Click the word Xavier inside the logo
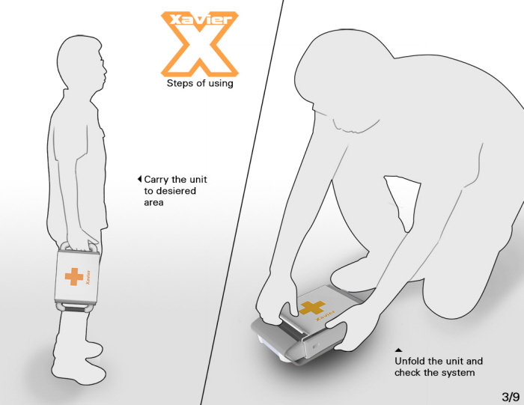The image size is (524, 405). (201, 19)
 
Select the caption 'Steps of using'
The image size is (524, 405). (200, 83)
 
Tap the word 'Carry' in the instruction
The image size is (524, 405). (156, 180)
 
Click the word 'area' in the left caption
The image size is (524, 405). (153, 202)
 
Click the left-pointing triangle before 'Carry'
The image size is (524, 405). (140, 179)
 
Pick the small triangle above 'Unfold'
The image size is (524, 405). (398, 350)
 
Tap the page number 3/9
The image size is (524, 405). (511, 397)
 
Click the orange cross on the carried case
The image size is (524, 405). (74, 277)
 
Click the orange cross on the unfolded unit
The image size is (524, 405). (311, 308)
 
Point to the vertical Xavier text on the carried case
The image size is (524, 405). (88, 277)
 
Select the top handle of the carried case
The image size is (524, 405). (79, 247)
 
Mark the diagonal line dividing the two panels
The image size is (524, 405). (243, 202)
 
